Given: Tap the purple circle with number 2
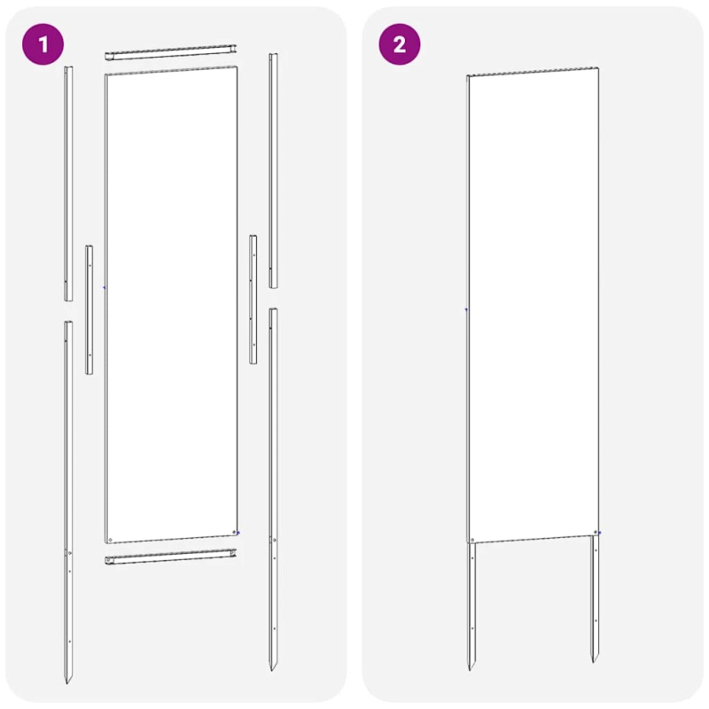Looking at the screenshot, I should (399, 45).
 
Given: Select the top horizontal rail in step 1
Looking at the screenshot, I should (172, 56).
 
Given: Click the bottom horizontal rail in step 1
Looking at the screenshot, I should (172, 557).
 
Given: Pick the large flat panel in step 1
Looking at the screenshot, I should (171, 301).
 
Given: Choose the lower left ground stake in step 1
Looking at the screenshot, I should (68, 496).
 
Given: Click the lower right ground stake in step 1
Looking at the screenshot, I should (274, 487).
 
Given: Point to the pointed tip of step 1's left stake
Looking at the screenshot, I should (67, 680).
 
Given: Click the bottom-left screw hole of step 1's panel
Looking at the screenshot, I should (110, 538).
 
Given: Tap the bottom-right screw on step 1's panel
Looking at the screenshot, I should (235, 533).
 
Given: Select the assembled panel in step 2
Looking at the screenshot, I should (532, 306).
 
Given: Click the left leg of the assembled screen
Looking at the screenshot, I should (471, 603).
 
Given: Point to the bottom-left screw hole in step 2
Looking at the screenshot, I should (472, 539).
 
